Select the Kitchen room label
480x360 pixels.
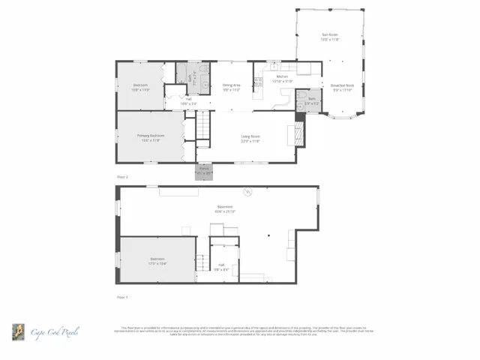click(x=283, y=78)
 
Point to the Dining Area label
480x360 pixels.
click(x=231, y=87)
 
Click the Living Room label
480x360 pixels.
click(x=250, y=138)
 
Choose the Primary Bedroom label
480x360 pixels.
click(x=150, y=137)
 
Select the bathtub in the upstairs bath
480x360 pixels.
click(x=181, y=72)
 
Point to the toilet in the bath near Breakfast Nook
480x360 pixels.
click(x=301, y=106)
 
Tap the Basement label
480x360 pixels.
click(x=225, y=209)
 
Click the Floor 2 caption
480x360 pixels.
click(x=122, y=176)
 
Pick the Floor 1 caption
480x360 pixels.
click(x=122, y=297)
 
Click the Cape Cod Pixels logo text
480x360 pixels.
click(x=54, y=331)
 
